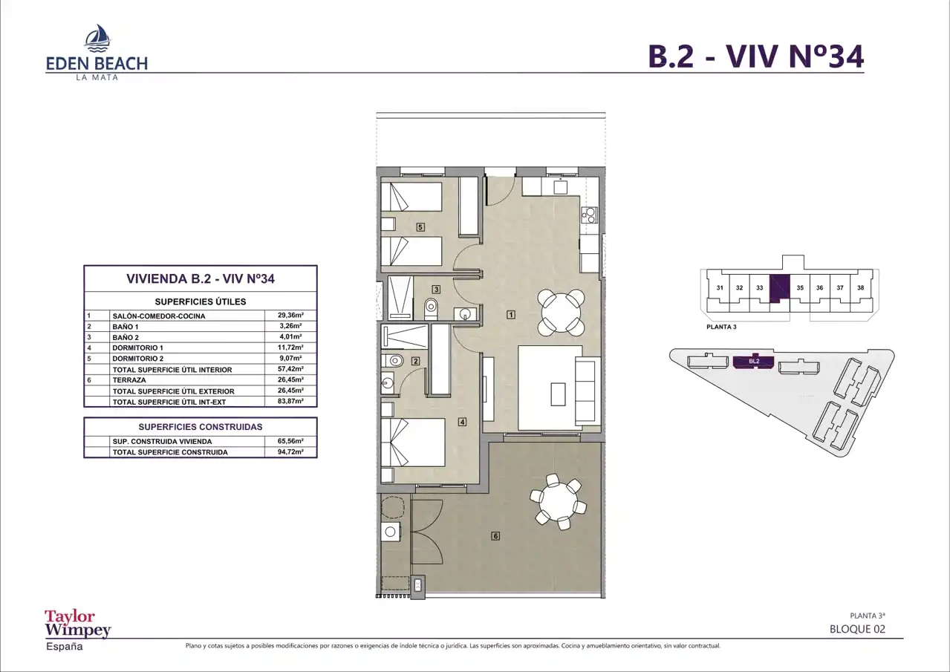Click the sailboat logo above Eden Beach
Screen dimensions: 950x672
[98, 38]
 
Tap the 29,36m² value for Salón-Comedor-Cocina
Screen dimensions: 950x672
[290, 316]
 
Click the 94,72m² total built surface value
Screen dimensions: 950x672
[290, 452]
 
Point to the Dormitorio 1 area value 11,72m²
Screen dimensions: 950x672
[290, 348]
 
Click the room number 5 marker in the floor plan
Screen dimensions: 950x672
[420, 227]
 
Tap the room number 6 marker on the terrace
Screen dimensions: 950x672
[495, 536]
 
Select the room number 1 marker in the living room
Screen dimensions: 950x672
[511, 315]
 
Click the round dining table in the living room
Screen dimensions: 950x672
[561, 313]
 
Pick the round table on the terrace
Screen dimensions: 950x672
[558, 503]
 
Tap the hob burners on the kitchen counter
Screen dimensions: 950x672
[590, 215]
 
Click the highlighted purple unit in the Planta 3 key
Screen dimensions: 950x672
[779, 289]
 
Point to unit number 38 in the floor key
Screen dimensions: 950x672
[861, 288]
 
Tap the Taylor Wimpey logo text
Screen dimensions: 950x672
[78, 624]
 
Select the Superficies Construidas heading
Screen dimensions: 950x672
[201, 427]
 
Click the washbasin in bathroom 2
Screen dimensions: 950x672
[387, 384]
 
